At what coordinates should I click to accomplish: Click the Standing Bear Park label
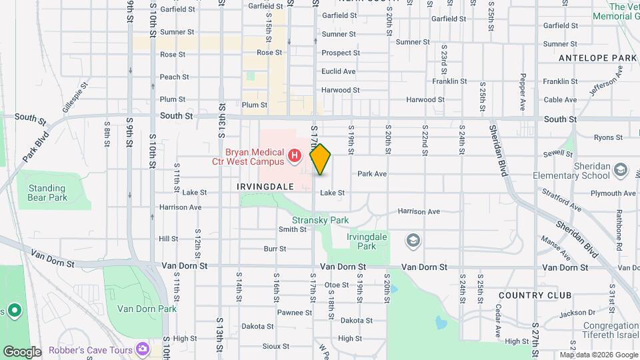click(x=47, y=193)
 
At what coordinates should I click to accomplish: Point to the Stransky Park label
click(x=321, y=220)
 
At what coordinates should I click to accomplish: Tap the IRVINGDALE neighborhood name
click(x=265, y=187)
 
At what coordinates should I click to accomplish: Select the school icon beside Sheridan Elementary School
click(x=621, y=169)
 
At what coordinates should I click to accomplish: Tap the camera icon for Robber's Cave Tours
click(x=143, y=349)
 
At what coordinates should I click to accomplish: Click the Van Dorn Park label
click(x=147, y=309)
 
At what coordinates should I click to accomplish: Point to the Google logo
click(x=22, y=351)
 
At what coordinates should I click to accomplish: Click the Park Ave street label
click(x=372, y=173)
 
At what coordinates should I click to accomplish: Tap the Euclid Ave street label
click(x=339, y=71)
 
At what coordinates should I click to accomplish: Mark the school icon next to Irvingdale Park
click(x=413, y=240)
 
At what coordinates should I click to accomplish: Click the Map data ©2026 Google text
click(x=598, y=355)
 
